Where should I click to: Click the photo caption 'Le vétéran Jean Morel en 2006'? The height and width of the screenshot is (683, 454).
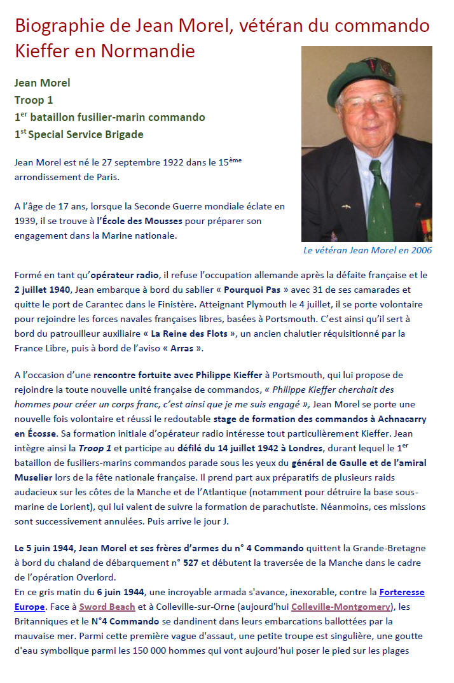pos(368,250)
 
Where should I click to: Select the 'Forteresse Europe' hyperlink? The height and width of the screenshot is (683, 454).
pos(397,592)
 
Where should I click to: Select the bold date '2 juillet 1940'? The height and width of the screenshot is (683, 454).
pos(42,290)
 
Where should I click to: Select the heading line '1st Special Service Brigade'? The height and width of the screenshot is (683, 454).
pos(79,134)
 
